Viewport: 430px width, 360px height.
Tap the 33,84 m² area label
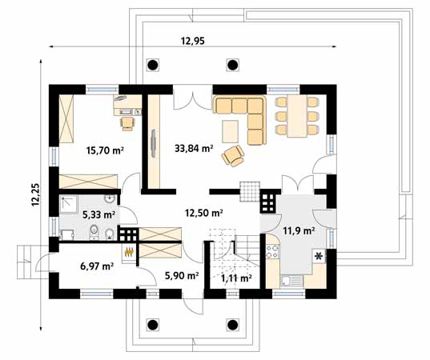(x=193, y=147)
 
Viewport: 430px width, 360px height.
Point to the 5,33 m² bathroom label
(x=98, y=214)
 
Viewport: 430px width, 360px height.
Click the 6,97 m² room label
(x=96, y=264)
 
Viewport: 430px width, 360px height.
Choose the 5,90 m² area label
(x=180, y=276)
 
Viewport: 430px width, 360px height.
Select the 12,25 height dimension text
(x=34, y=192)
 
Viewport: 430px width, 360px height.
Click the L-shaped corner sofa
(x=244, y=116)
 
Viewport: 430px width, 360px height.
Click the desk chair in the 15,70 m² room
(x=127, y=122)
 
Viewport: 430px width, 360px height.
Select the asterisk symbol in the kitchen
(x=319, y=257)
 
